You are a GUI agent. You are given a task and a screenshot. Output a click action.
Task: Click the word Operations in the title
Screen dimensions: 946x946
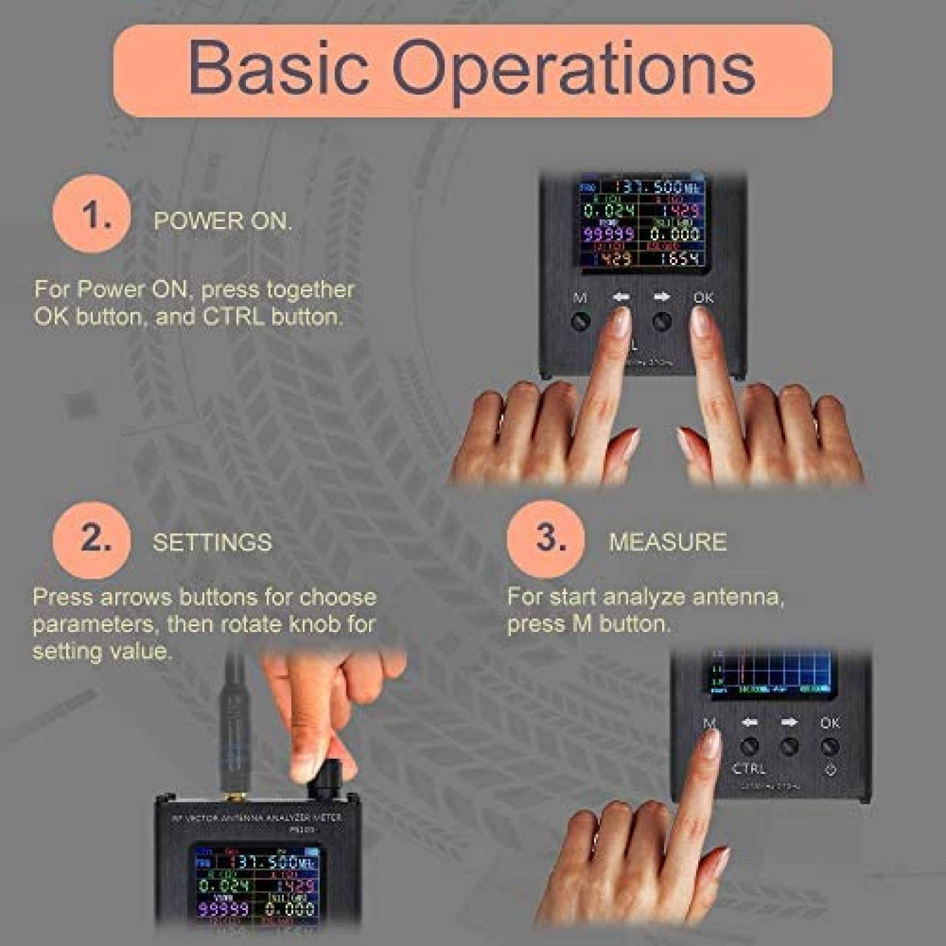point(574,70)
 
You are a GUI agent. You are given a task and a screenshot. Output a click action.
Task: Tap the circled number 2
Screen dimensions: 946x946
point(92,539)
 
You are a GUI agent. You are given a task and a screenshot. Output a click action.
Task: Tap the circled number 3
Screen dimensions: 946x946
point(546,539)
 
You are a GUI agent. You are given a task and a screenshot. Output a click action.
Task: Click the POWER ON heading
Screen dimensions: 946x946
point(223,221)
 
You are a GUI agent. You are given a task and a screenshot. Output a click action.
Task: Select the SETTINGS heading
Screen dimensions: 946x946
point(212,542)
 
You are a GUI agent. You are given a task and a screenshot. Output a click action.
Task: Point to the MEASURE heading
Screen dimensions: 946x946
point(668,542)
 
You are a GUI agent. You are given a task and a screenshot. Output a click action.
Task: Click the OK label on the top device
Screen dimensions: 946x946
point(704,297)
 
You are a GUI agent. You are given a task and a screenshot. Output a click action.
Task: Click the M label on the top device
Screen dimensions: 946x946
point(580,298)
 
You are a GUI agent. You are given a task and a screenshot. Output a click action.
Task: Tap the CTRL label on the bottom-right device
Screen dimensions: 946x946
point(749,769)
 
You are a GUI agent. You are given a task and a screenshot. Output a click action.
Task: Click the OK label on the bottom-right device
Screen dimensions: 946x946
point(830,723)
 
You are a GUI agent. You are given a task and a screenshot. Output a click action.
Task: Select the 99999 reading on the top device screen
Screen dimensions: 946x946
point(609,234)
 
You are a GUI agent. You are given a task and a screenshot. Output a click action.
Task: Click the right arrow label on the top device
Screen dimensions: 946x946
point(662,297)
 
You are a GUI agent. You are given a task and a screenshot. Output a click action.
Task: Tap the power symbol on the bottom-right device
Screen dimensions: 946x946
point(830,770)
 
